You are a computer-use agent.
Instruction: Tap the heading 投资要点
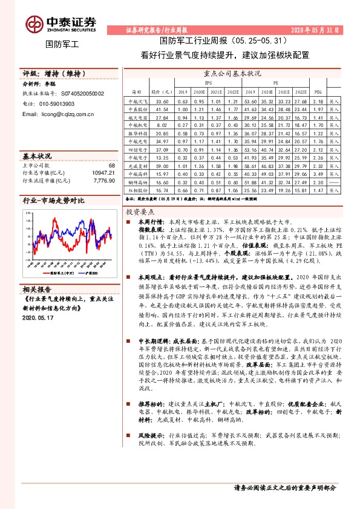click(140, 213)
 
